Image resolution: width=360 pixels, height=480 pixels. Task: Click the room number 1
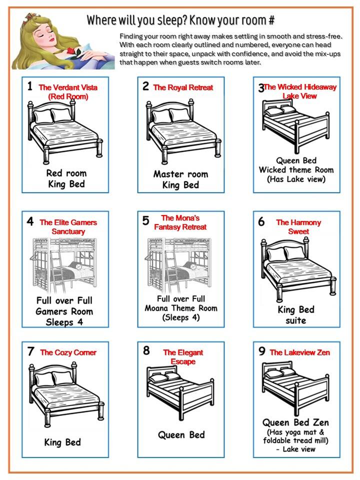(30, 86)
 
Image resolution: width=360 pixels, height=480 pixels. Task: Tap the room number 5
(146, 220)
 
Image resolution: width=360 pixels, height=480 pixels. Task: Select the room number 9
(261, 351)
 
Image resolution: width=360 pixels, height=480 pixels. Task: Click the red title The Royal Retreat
(183, 87)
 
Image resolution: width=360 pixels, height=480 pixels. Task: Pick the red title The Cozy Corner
(68, 352)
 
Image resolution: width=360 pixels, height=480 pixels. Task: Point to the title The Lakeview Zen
(300, 352)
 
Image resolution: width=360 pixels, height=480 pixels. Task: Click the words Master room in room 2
(180, 174)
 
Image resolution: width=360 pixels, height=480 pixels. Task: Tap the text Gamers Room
(64, 311)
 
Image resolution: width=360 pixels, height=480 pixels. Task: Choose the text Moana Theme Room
(181, 308)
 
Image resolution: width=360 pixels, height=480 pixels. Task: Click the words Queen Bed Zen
(296, 422)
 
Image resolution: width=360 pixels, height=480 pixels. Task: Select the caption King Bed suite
(296, 314)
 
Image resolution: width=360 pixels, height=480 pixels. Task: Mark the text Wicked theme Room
(296, 169)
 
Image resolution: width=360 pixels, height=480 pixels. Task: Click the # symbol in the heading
(271, 20)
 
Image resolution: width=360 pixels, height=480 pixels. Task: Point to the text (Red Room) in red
(68, 96)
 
